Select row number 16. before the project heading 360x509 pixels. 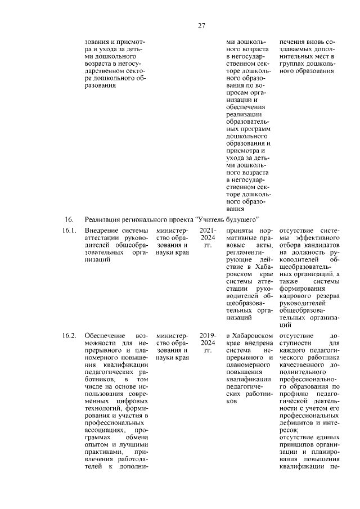coord(69,219)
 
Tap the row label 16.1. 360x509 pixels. coord(69,231)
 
